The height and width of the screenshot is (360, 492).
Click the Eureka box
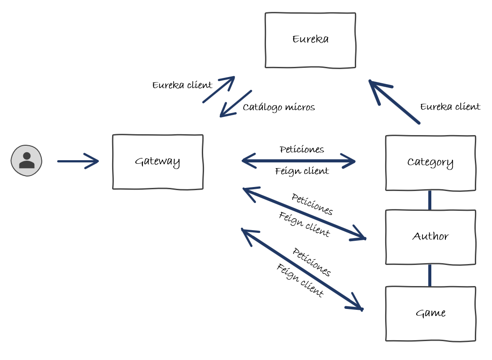310,40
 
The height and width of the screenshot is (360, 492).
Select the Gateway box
157,162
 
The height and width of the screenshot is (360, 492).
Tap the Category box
430,163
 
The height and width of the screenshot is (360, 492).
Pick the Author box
430,237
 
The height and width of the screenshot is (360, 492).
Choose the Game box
430,313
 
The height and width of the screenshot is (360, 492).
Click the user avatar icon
26,161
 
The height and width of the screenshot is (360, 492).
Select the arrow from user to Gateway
78,161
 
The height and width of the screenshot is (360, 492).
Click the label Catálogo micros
279,107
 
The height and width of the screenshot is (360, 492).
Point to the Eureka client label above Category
450,107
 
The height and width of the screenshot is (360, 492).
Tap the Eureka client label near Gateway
182,85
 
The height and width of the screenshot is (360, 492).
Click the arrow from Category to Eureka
394,102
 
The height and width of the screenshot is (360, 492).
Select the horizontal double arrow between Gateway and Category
299,161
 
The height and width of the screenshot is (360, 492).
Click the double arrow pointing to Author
304,214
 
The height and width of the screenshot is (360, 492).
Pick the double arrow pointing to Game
302,269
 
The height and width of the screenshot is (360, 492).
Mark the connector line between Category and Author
430,200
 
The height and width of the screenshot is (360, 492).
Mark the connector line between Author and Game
430,276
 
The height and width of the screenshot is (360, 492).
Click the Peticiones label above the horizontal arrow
302,150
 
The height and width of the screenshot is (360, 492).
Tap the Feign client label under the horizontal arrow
302,171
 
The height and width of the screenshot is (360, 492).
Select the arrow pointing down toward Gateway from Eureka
236,104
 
